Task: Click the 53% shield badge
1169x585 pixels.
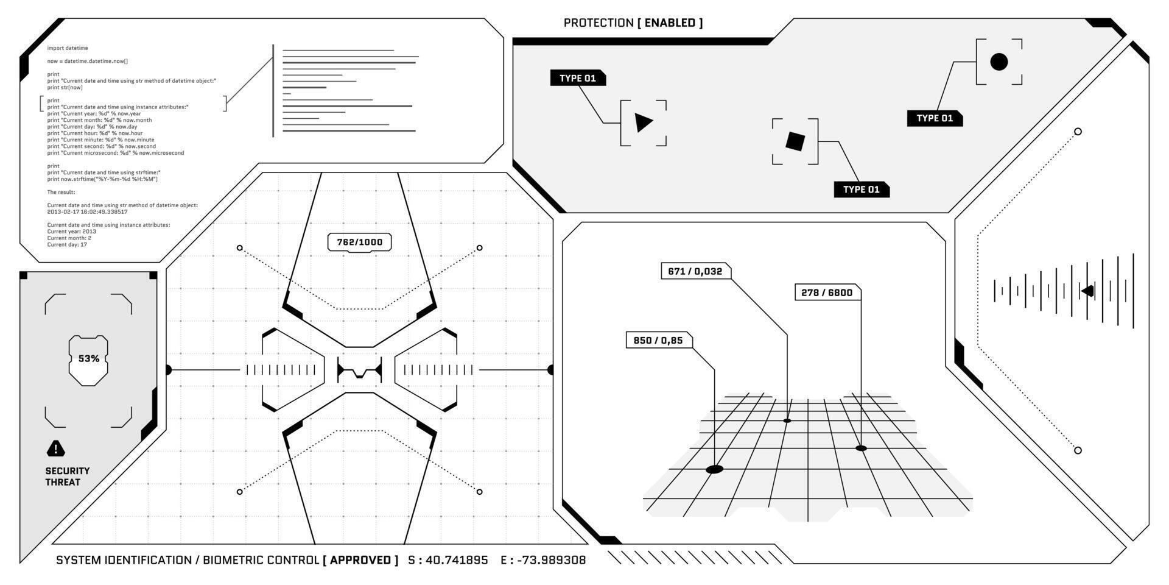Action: pyautogui.click(x=88, y=360)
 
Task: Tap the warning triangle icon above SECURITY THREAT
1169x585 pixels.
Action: pyautogui.click(x=56, y=449)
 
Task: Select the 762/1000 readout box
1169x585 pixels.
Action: pyautogui.click(x=359, y=243)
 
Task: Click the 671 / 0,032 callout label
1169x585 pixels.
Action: pyautogui.click(x=695, y=272)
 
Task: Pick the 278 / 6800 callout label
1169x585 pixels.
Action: pyautogui.click(x=827, y=293)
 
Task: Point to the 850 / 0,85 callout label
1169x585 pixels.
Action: pyautogui.click(x=658, y=341)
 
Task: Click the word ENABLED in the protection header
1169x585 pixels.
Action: pyautogui.click(x=670, y=23)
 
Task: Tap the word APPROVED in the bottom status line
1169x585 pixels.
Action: pyautogui.click(x=360, y=560)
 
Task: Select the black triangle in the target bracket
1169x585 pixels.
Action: pyautogui.click(x=643, y=122)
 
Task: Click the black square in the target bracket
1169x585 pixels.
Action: pyautogui.click(x=795, y=141)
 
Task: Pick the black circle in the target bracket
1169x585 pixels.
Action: pyautogui.click(x=999, y=62)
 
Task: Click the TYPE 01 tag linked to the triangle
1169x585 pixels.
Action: pyautogui.click(x=577, y=79)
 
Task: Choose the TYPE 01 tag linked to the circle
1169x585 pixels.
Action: pyautogui.click(x=935, y=118)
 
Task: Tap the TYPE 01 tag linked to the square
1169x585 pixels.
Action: pyautogui.click(x=861, y=190)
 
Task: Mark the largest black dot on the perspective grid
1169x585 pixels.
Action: pyautogui.click(x=714, y=469)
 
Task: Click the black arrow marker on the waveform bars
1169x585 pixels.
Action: pyautogui.click(x=1087, y=291)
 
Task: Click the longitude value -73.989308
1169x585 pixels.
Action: pyautogui.click(x=551, y=560)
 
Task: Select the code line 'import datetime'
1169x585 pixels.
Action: pyautogui.click(x=68, y=48)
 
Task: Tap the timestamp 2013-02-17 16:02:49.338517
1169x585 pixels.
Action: pyautogui.click(x=88, y=212)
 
